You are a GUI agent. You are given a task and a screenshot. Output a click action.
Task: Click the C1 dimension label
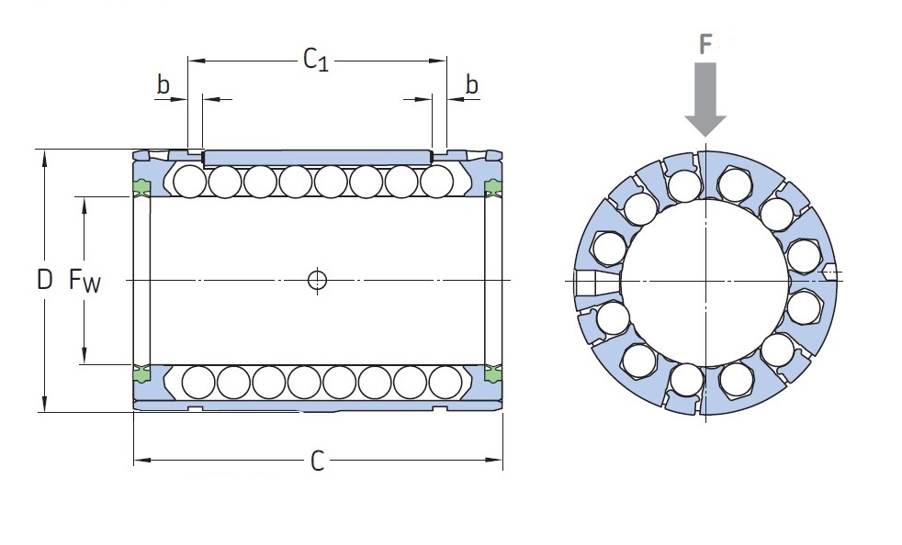tap(316, 60)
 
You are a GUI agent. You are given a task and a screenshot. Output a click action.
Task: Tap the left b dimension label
tap(163, 83)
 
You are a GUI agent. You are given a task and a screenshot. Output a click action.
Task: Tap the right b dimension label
tap(472, 83)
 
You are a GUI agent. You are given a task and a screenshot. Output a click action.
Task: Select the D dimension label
tap(44, 280)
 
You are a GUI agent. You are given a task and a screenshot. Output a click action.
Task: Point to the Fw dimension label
tap(85, 281)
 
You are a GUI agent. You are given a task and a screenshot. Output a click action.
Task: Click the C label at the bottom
tap(318, 462)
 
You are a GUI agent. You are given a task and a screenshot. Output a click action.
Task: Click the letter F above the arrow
tap(705, 44)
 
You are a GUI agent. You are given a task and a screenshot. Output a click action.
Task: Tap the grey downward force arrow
tap(705, 99)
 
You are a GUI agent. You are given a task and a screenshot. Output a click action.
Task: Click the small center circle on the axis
tap(317, 280)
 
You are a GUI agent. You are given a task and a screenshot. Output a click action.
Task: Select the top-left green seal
tap(141, 186)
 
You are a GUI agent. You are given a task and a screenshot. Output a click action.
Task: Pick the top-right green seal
tap(493, 186)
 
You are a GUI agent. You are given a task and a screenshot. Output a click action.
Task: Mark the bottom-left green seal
tap(141, 373)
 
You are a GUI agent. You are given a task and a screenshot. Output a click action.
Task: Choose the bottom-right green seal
tap(493, 373)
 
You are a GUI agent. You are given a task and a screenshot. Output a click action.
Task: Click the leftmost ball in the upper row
tap(189, 181)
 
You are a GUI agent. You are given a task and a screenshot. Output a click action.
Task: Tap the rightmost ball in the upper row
tap(436, 181)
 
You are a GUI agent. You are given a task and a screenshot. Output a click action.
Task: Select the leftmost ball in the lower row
tap(197, 382)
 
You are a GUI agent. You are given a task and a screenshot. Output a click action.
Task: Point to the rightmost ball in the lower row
tap(445, 382)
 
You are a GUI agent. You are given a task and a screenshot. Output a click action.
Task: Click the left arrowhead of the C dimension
tap(142, 460)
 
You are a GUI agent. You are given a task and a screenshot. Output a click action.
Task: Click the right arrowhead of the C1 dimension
tap(438, 60)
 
